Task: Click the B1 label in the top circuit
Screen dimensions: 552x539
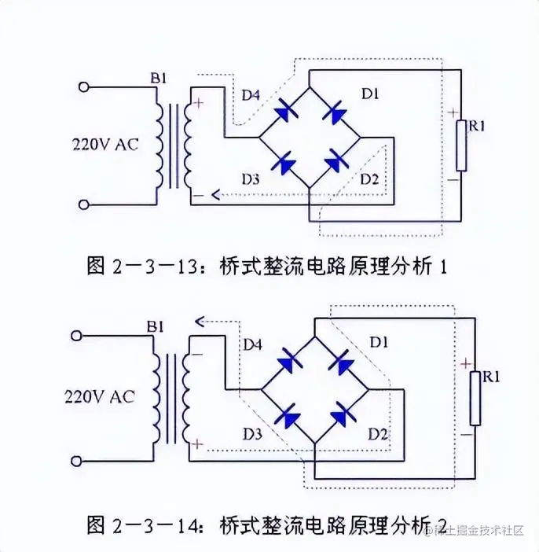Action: [159, 79]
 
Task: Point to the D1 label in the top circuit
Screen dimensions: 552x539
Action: [370, 94]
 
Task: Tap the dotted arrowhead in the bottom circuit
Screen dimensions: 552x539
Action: [200, 320]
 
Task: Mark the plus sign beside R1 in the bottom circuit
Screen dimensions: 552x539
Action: [465, 364]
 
